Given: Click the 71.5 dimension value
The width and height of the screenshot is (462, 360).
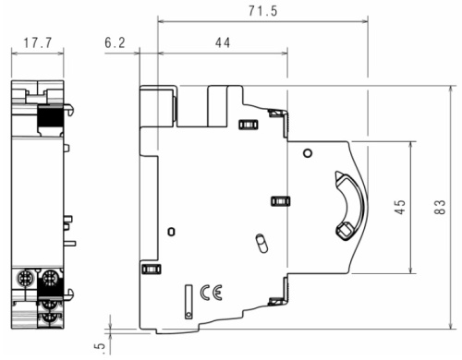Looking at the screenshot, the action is pos(263,11).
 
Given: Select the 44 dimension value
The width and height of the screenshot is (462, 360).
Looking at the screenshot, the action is pos(223,42).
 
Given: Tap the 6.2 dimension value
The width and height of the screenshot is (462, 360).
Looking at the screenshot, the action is pos(115,42).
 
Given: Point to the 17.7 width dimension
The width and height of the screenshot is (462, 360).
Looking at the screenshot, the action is pos(38,42).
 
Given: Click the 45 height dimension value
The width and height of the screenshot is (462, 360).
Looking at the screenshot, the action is pos(400,207).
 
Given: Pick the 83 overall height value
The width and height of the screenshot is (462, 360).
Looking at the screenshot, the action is pos(440,207).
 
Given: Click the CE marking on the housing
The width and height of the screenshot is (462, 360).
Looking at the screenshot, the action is pos(211,293).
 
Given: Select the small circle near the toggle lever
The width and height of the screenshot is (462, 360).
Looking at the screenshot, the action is pos(308,153).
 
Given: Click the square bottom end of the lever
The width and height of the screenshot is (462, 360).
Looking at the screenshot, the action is pos(344,231).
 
